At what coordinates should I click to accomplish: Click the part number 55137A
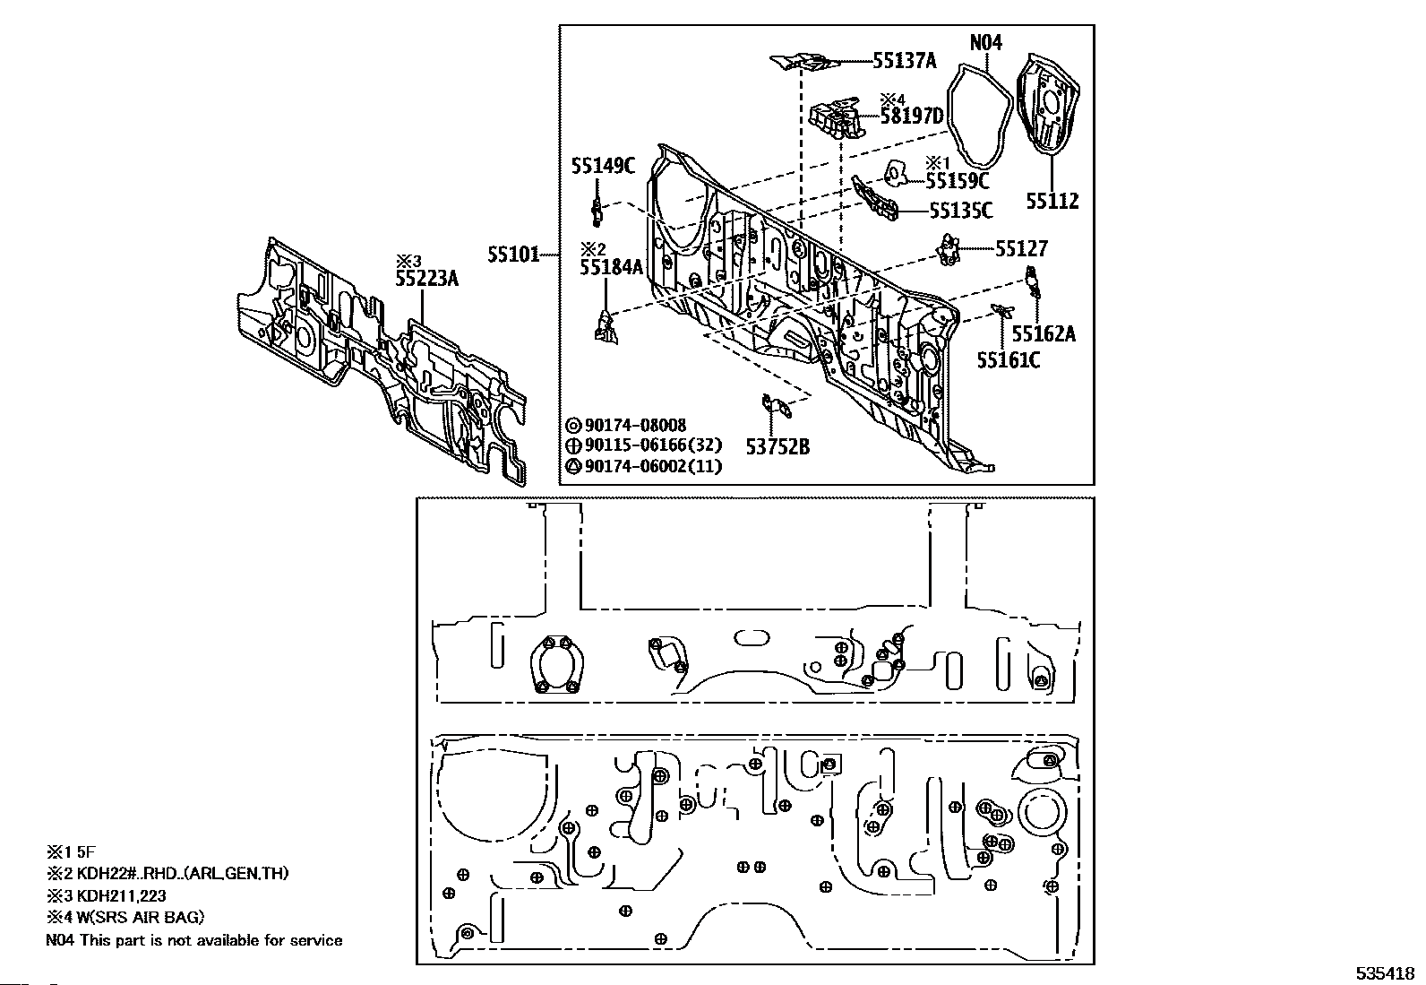[x=904, y=61]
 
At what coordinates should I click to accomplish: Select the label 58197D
[x=912, y=116]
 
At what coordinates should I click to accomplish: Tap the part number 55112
[x=1052, y=202]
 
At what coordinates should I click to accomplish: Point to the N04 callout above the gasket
[x=985, y=43]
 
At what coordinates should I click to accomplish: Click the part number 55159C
[x=957, y=181]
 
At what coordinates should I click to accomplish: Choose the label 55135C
[x=960, y=211]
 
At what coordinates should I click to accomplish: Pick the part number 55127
[x=1021, y=248]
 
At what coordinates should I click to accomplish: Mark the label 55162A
[x=1044, y=333]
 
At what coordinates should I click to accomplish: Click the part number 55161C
[x=1009, y=360]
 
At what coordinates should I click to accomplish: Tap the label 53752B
[x=777, y=447]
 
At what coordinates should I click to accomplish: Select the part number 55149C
[x=603, y=166]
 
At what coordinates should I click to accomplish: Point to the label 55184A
[x=611, y=267]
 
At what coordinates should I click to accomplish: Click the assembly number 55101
[x=514, y=255]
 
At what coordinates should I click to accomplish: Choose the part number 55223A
[x=426, y=279]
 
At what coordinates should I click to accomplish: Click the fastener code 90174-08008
[x=635, y=425]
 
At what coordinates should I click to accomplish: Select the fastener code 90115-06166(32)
[x=653, y=445]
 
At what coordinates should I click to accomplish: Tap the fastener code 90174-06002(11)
[x=653, y=466]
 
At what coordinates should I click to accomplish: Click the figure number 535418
[x=1385, y=973]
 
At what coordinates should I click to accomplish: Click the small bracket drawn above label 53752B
[x=777, y=407]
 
